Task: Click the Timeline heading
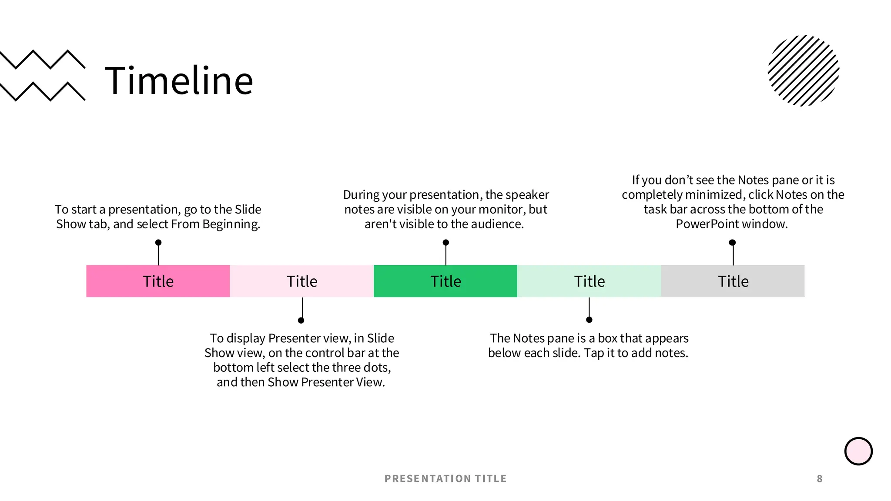click(179, 80)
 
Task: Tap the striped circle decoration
click(804, 70)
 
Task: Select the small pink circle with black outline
click(858, 451)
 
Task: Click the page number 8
click(820, 479)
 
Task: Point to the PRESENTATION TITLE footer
click(445, 479)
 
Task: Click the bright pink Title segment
click(158, 281)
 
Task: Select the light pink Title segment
click(302, 281)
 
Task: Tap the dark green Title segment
click(445, 281)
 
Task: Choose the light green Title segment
click(589, 281)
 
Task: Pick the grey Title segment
click(733, 281)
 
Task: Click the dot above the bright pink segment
click(158, 243)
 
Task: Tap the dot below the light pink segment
click(301, 321)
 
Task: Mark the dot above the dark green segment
click(445, 243)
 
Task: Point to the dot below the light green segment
click(589, 320)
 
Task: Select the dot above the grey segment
click(732, 243)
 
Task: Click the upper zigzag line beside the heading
click(43, 60)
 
